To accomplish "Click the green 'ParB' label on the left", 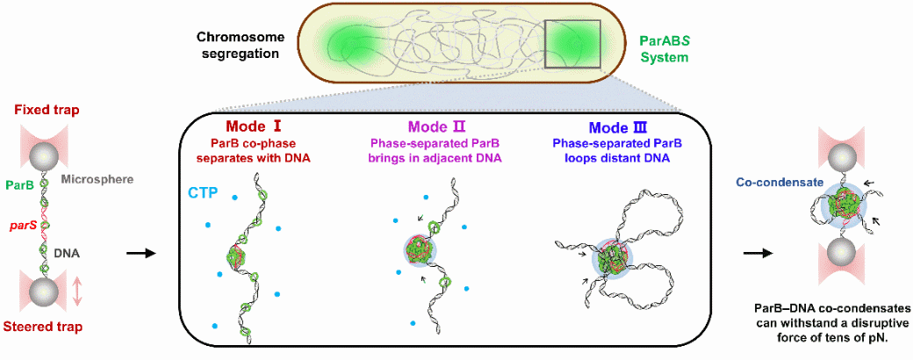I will click(x=19, y=185).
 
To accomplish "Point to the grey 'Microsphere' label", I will click(x=97, y=179).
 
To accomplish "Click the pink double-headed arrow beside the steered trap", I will click(x=77, y=291).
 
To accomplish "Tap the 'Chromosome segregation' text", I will click(x=239, y=45).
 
